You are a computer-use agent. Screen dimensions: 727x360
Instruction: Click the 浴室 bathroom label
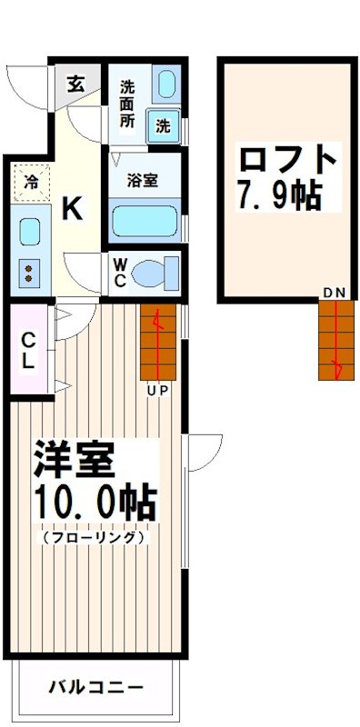(x=143, y=180)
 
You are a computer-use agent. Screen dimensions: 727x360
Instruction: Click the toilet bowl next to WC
(x=165, y=271)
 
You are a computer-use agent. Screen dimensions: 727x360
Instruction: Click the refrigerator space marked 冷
(x=32, y=181)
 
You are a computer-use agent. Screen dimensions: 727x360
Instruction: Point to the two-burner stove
(x=29, y=272)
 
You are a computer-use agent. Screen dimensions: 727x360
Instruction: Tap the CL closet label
(x=29, y=350)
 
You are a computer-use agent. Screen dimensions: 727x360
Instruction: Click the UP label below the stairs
(x=160, y=391)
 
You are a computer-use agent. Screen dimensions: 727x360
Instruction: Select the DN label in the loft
(x=334, y=292)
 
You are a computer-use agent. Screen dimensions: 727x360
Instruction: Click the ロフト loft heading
(x=287, y=161)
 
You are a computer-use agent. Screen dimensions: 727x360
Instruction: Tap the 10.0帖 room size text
(x=95, y=502)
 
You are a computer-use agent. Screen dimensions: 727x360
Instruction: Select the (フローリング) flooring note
(x=94, y=538)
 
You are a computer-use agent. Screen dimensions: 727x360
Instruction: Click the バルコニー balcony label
(x=95, y=686)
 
